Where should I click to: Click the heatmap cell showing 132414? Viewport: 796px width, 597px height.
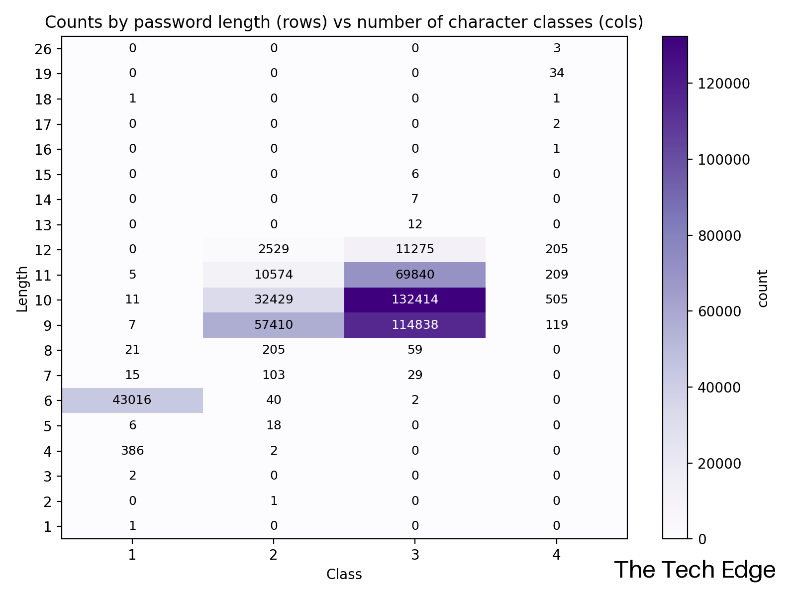coord(415,299)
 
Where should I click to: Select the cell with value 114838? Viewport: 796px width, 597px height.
coord(415,325)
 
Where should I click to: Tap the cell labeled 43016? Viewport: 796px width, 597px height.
coord(132,400)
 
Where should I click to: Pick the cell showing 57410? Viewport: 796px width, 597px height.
coord(274,325)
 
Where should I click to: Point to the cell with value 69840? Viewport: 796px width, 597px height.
coord(415,275)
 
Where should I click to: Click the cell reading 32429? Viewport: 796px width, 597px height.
coord(274,299)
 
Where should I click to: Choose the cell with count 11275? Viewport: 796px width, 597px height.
coord(415,249)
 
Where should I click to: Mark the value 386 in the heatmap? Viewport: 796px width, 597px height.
coord(132,451)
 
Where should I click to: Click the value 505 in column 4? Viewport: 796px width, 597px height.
coord(556,299)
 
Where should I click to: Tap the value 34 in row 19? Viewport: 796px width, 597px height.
coord(556,74)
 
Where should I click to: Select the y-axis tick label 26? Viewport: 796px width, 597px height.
coord(44,49)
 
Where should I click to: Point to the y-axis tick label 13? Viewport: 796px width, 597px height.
coord(44,225)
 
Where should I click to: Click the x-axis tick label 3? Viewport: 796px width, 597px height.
coord(415,555)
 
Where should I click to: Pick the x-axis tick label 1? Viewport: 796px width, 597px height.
coord(132,555)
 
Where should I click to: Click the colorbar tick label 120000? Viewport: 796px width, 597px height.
coord(723,84)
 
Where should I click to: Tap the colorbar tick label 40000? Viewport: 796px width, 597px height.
coord(719,388)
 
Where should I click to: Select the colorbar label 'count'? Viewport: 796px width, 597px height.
coord(762,288)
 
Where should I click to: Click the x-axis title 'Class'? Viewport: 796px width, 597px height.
coord(344,575)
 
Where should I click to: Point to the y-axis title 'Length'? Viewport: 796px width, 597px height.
coord(22,289)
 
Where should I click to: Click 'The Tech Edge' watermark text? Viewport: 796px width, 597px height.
coord(695,570)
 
